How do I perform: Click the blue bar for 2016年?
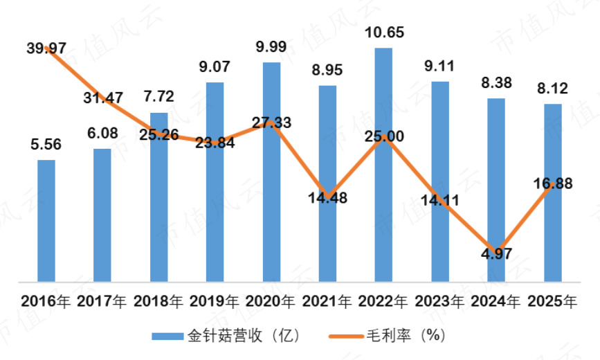pyautogui.click(x=46, y=221)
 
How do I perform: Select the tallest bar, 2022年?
pyautogui.click(x=383, y=165)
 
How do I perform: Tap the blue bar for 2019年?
pyautogui.click(x=215, y=182)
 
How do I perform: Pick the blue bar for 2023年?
pyautogui.click(x=440, y=182)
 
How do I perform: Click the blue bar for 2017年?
pyautogui.click(x=102, y=215)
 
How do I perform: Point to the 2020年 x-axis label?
pyautogui.click(x=270, y=302)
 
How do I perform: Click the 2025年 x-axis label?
pyautogui.click(x=552, y=302)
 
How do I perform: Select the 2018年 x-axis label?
pyautogui.click(x=158, y=302)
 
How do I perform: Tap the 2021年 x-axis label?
pyautogui.click(x=327, y=302)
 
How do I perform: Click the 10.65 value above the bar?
pyautogui.click(x=384, y=33)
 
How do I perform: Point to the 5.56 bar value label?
pyautogui.click(x=46, y=145)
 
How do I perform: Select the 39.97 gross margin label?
pyautogui.click(x=46, y=48)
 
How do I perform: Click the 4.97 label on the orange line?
pyautogui.click(x=497, y=253)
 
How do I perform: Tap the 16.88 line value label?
pyautogui.click(x=553, y=183)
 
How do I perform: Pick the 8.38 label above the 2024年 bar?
pyautogui.click(x=496, y=82)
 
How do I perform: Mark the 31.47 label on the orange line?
pyautogui.click(x=103, y=98)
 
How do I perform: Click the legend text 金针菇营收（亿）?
pyautogui.click(x=244, y=336)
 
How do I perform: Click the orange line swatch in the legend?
pyautogui.click(x=346, y=336)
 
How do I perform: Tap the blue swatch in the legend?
pyautogui.click(x=167, y=336)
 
